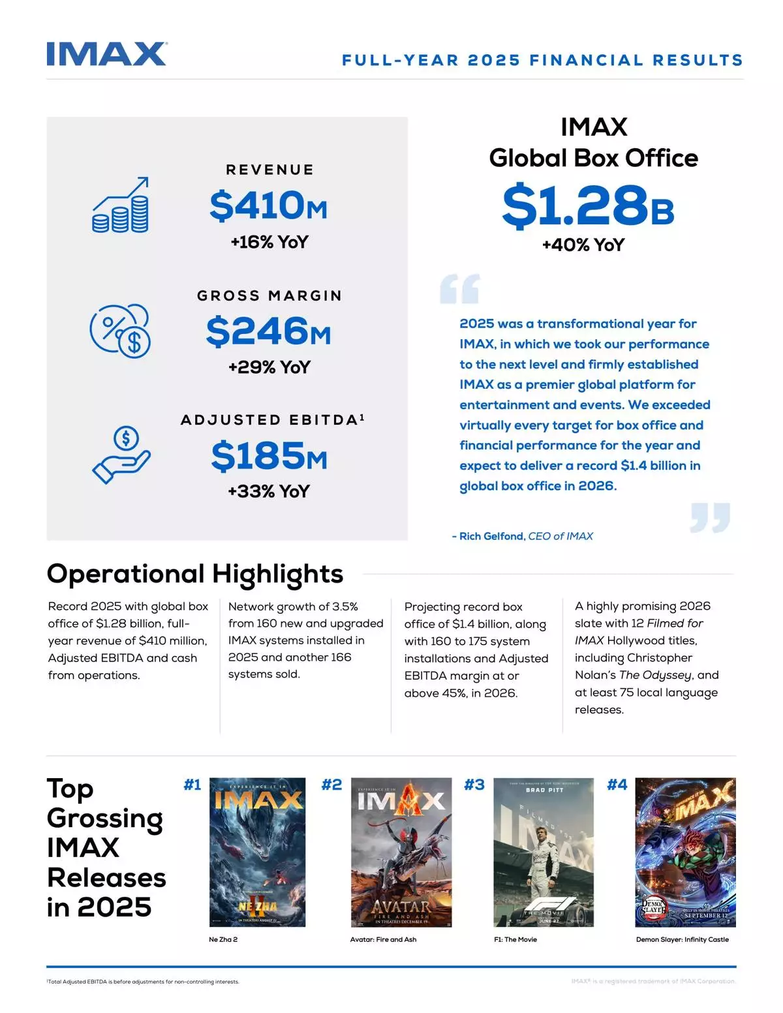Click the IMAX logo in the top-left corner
[107, 54]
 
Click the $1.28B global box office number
[587, 205]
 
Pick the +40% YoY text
[583, 245]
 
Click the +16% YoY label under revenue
[269, 242]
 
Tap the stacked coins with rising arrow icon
[121, 205]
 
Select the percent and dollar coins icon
[120, 330]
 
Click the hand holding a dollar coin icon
[121, 455]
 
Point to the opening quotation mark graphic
[460, 289]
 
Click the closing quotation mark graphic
[710, 517]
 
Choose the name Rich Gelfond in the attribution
[491, 536]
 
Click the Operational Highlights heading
[195, 574]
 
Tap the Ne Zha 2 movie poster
[257, 852]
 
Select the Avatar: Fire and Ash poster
[401, 852]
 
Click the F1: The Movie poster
[544, 852]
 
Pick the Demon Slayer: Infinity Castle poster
[685, 852]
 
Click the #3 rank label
[474, 785]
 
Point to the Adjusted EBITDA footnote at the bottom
[143, 982]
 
